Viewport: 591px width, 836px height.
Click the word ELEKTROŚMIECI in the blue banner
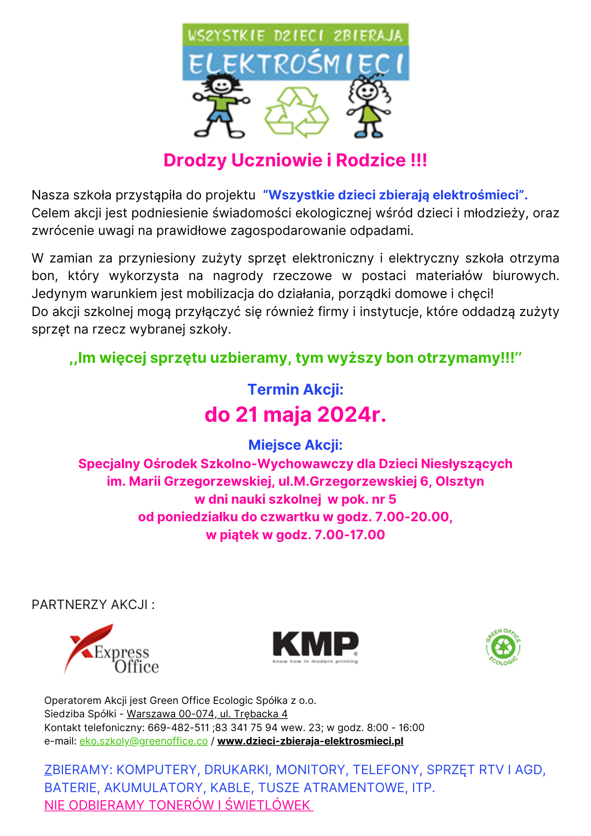(x=296, y=64)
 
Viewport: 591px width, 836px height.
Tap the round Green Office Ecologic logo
(x=503, y=647)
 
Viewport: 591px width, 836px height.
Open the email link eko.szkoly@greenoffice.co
(x=143, y=741)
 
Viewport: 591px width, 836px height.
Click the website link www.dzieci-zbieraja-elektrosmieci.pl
(x=310, y=741)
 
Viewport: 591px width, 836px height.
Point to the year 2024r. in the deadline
(x=352, y=415)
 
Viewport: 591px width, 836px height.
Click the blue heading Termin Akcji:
(x=295, y=390)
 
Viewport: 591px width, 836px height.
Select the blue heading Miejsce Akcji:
(x=295, y=445)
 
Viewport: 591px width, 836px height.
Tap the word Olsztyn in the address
(x=460, y=482)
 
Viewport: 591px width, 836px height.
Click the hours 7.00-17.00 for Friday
(x=349, y=535)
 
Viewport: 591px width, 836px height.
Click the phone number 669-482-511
(x=178, y=728)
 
